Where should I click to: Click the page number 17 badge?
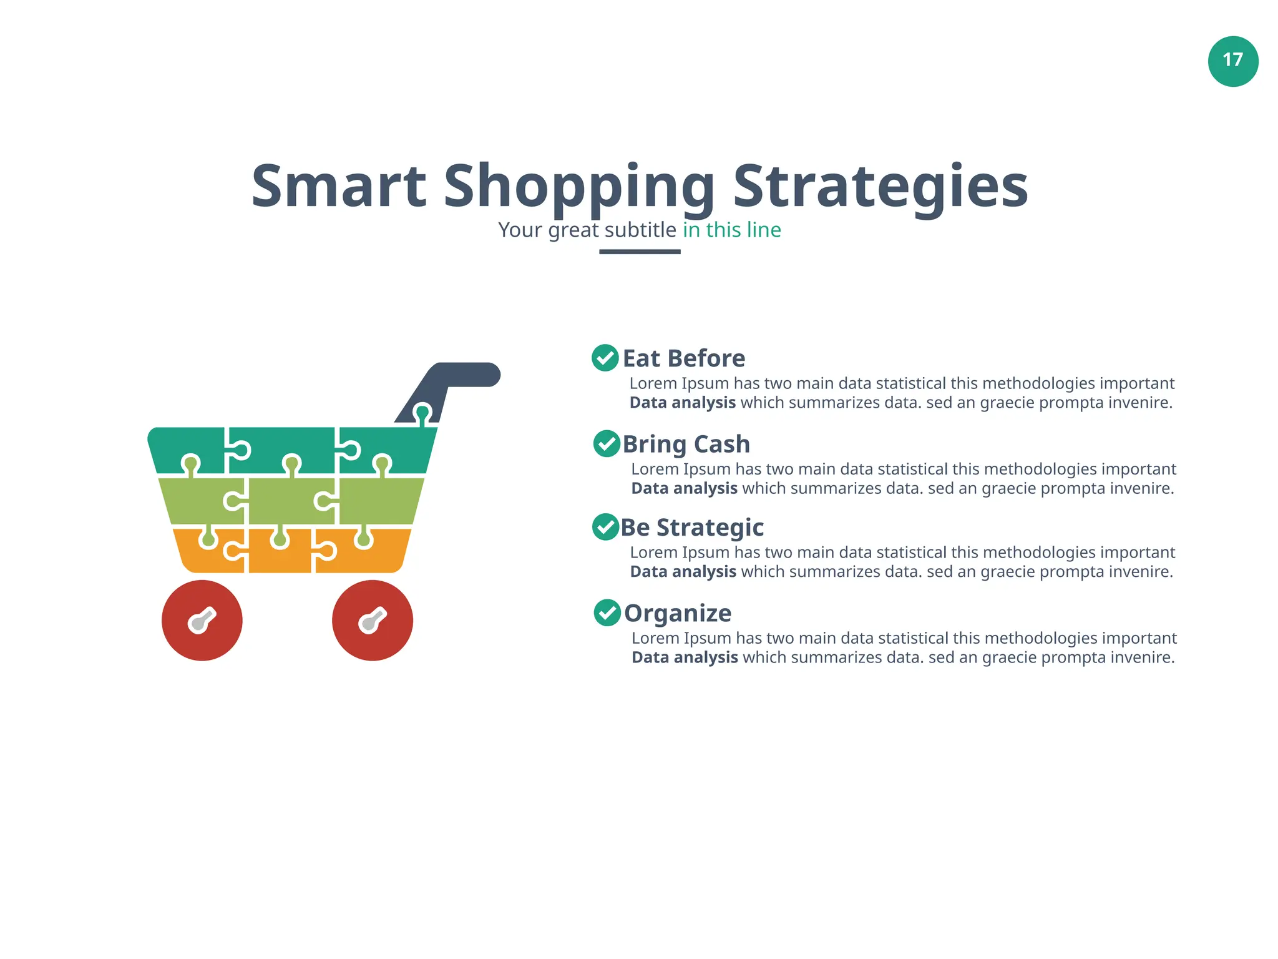(x=1232, y=61)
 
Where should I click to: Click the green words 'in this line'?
(x=731, y=230)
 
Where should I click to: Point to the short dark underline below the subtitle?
(x=640, y=252)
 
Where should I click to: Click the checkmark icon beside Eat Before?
(x=605, y=358)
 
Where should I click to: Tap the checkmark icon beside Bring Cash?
(x=607, y=444)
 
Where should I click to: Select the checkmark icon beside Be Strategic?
(x=605, y=527)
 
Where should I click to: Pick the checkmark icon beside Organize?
(x=607, y=612)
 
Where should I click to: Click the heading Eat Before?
(x=684, y=358)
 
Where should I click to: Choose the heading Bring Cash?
(x=686, y=444)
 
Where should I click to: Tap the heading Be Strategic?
(x=692, y=528)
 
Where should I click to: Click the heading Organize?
(x=678, y=613)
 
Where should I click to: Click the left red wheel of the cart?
(x=202, y=620)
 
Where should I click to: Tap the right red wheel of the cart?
(x=373, y=620)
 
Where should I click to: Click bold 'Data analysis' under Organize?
(x=685, y=657)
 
